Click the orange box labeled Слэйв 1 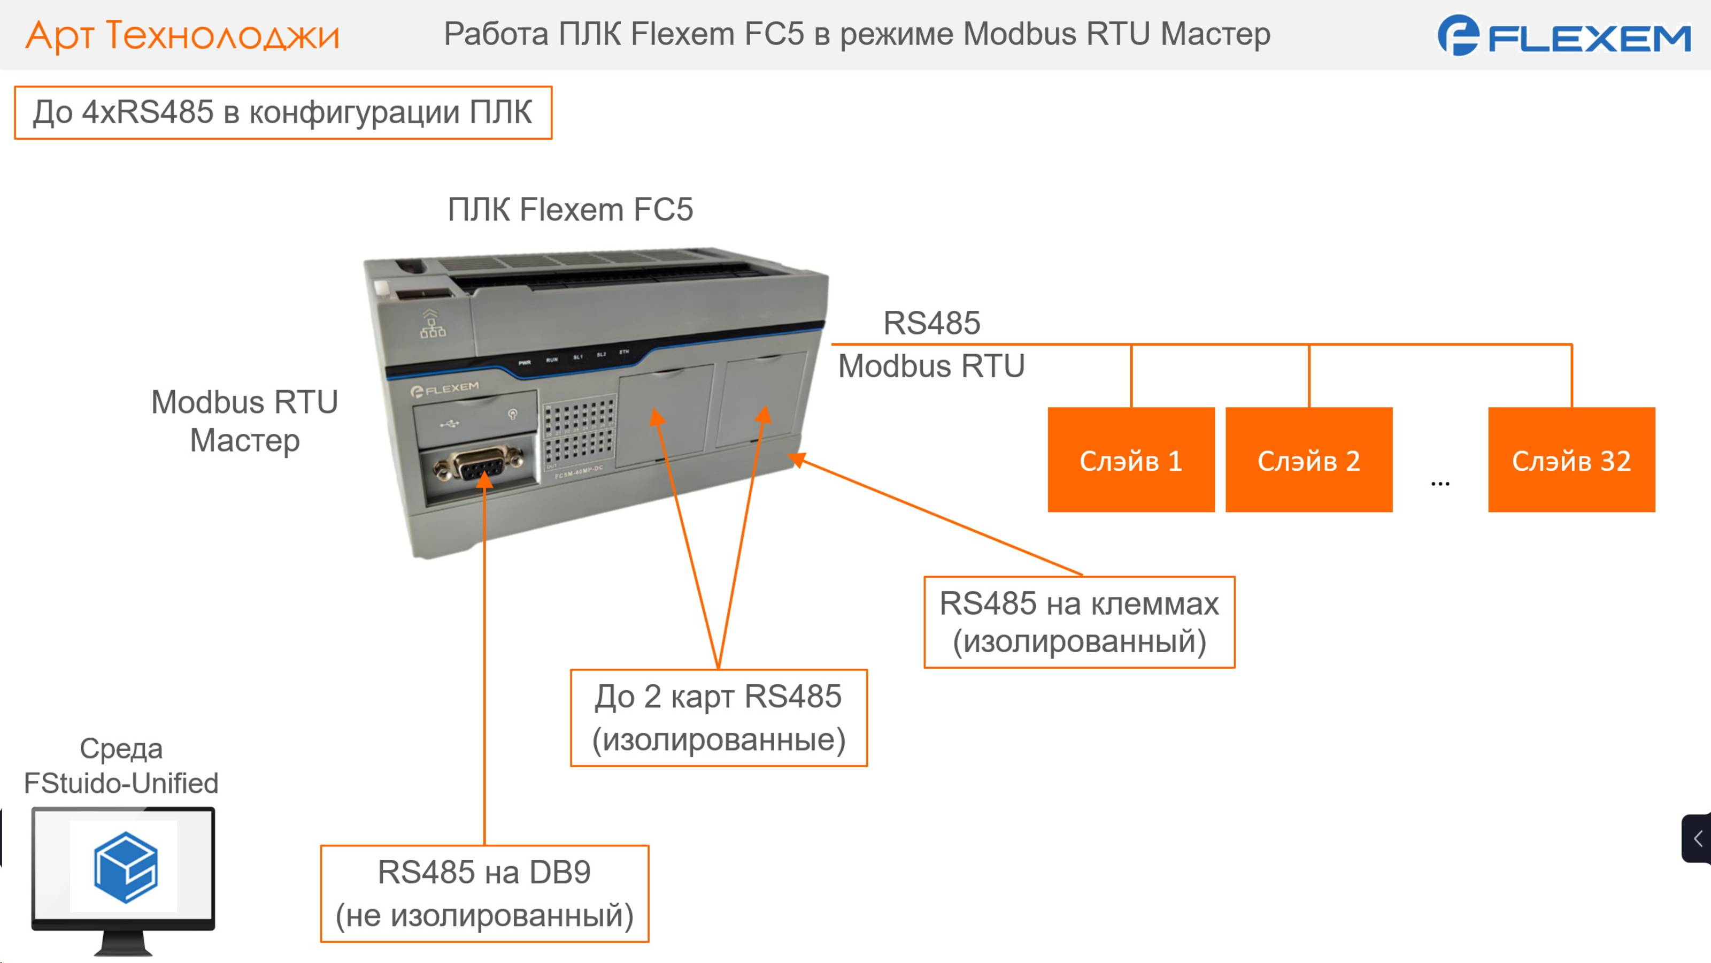coord(1130,460)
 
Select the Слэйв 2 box coord(1308,460)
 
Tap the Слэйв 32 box coord(1571,460)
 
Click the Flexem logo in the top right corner coord(1563,36)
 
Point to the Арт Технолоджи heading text coord(183,35)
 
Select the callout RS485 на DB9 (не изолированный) coord(484,893)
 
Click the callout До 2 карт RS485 coord(719,718)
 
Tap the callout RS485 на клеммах coord(1080,622)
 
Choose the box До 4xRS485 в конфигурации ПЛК coord(283,112)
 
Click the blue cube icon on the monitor coord(126,867)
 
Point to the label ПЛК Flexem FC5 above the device coord(570,210)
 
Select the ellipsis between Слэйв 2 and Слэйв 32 coord(1440,483)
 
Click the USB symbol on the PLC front coord(450,423)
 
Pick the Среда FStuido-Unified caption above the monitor coord(121,766)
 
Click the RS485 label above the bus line coord(931,324)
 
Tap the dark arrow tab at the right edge coord(1697,838)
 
